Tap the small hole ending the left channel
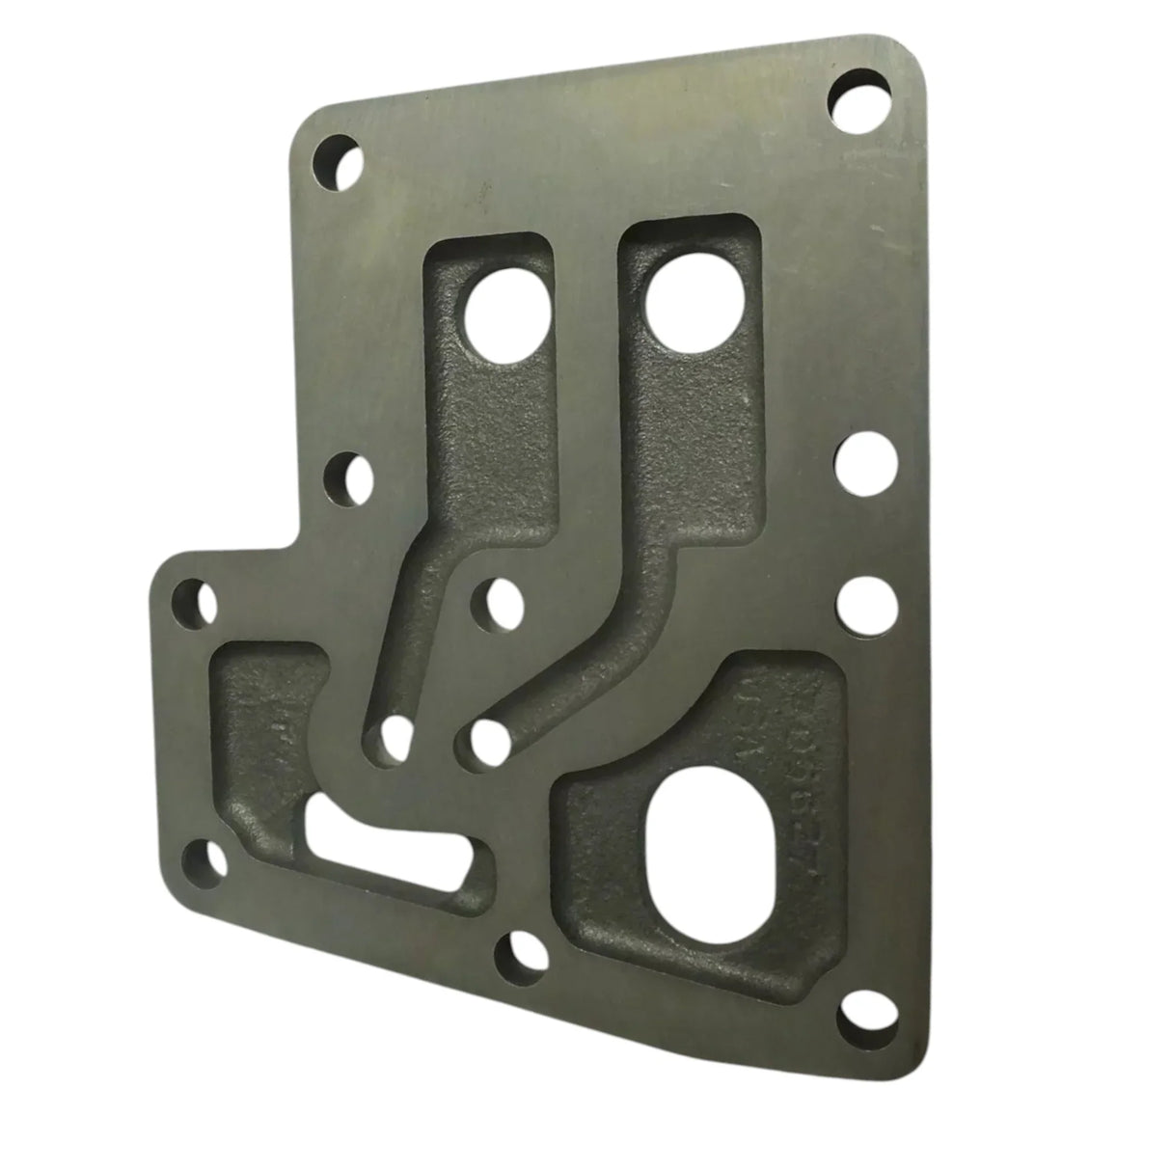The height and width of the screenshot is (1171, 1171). (391, 740)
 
